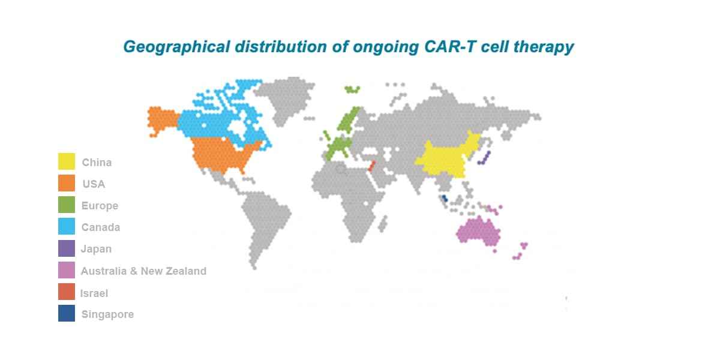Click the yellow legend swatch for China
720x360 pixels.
[67, 161]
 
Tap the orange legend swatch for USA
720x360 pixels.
[67, 183]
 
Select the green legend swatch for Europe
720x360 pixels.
[67, 205]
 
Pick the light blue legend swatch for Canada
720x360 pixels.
[67, 227]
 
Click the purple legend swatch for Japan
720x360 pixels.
[67, 248]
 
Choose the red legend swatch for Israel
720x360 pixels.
[67, 292]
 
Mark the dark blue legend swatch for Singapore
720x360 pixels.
[67, 314]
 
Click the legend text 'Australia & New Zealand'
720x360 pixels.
[143, 271]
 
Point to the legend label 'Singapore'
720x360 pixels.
[107, 314]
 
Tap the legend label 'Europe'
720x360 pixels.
[100, 206]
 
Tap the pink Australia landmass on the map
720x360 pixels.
[478, 231]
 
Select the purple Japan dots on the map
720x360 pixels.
[484, 158]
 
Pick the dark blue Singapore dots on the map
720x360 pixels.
[444, 198]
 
